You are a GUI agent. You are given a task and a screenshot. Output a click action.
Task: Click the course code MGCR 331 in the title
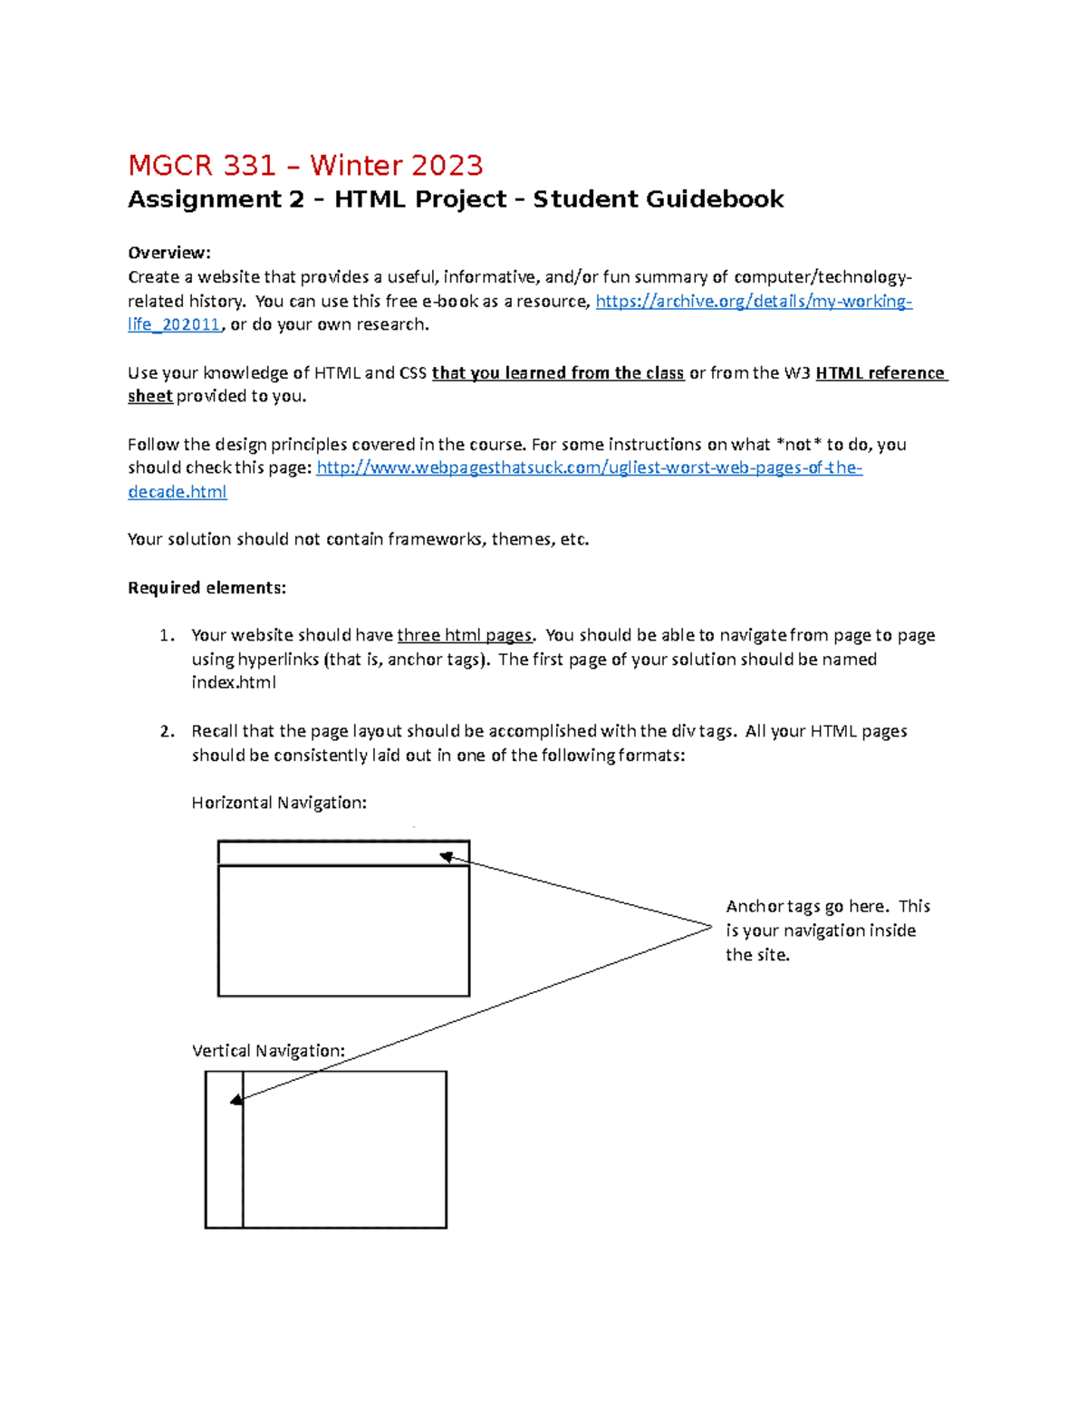201,166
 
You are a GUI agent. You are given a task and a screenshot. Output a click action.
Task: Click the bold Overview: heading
168,253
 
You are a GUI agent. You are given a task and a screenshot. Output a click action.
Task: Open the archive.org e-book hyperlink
753,302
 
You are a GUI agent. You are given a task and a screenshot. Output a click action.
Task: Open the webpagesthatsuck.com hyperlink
589,468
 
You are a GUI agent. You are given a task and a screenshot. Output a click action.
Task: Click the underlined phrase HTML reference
880,373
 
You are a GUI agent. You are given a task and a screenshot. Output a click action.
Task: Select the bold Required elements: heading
207,588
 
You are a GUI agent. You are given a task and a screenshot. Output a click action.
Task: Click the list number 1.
166,636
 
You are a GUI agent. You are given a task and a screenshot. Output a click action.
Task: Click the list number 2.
166,732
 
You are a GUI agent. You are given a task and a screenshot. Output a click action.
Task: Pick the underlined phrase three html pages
465,636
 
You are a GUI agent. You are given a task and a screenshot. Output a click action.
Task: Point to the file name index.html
234,683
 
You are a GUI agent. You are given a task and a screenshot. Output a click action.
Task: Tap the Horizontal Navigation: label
279,803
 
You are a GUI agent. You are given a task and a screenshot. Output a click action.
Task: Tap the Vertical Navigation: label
268,1051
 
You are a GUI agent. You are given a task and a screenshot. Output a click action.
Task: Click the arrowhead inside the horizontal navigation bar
446,857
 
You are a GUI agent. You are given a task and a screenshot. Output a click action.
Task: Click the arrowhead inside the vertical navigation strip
236,1100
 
